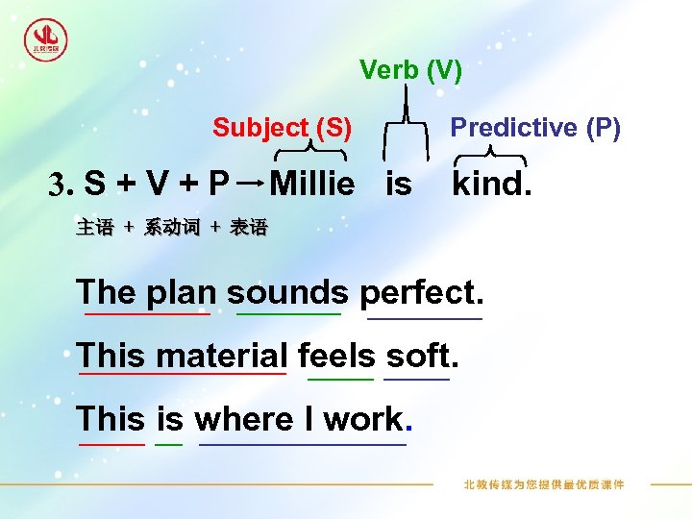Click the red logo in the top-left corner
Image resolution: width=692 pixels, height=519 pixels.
[45, 39]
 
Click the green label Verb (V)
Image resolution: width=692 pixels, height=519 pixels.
[410, 70]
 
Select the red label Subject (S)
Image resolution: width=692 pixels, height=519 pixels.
[282, 128]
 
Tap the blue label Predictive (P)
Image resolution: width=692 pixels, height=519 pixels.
[535, 128]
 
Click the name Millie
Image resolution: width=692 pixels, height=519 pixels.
[312, 183]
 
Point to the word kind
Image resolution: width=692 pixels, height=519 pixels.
[491, 183]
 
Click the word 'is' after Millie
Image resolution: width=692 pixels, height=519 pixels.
[398, 183]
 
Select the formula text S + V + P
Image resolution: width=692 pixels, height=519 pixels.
[158, 183]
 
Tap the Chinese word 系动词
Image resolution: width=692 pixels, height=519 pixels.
[172, 228]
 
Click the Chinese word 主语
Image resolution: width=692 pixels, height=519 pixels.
[94, 228]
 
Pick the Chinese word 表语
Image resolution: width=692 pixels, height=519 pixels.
[249, 228]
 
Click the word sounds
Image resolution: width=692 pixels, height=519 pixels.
[288, 291]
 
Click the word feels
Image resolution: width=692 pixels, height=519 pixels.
[337, 356]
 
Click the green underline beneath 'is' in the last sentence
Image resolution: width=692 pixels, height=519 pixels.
[169, 445]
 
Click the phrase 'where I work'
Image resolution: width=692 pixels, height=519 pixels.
[302, 420]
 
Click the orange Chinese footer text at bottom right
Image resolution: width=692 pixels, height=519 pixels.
[544, 484]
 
